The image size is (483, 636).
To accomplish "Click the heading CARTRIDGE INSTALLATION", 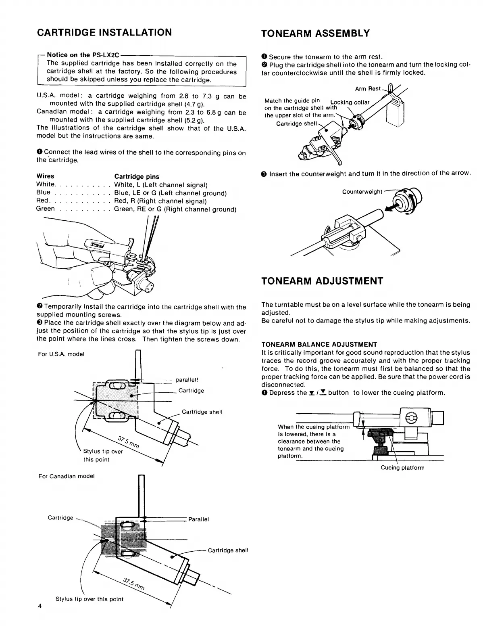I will pos(104,32).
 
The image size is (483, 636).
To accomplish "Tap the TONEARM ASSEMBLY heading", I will pos(315,33).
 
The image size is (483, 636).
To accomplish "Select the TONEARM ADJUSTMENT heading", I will pos(322,281).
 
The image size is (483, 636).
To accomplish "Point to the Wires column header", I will pos(45,176).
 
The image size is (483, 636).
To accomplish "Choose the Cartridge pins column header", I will pos(137,176).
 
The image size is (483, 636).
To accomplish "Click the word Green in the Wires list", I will pos(45,209).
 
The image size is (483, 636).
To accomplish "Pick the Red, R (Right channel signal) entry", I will pos(160,201).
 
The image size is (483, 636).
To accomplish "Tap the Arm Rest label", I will pos(368,88).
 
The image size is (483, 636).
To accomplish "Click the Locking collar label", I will pos(350,102).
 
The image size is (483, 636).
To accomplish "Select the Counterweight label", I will pos(362,192).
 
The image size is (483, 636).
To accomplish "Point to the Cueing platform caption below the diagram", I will pos(402,468).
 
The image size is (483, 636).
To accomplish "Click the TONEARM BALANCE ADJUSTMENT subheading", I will pos(319,344).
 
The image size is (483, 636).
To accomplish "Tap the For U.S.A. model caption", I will pos(61,354).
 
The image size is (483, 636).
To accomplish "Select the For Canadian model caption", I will pos(67,476).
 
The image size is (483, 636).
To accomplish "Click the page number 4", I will pos(40,606).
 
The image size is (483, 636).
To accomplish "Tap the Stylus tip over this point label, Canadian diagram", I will pos(89,599).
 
